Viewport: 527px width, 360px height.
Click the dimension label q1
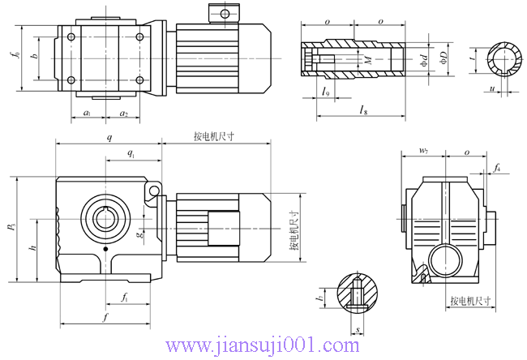coord(131,152)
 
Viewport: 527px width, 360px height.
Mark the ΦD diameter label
coord(443,58)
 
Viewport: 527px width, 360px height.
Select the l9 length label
coord(325,92)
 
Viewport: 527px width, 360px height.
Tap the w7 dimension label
coord(423,151)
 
